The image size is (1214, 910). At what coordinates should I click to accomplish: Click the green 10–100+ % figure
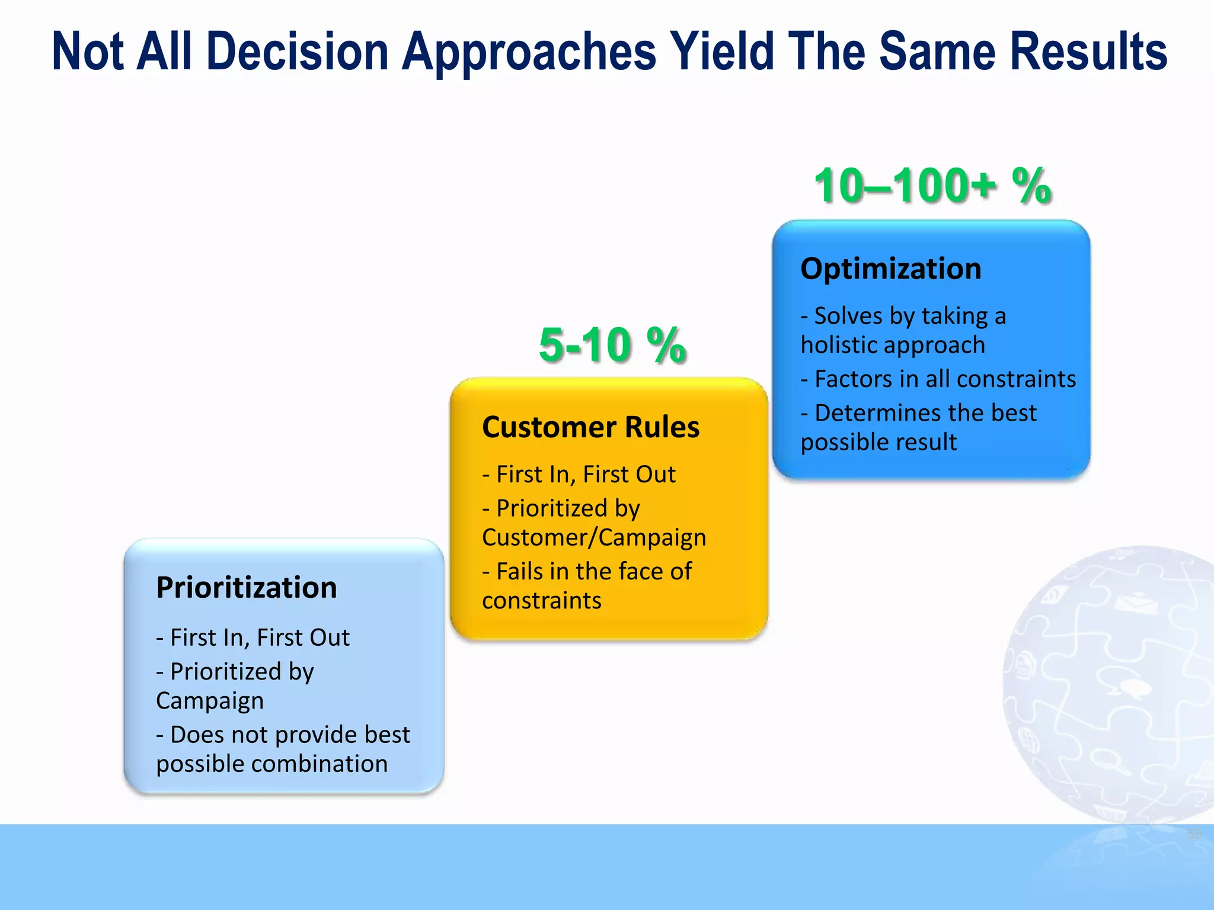click(932, 186)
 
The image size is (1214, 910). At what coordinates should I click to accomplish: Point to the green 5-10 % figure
click(612, 345)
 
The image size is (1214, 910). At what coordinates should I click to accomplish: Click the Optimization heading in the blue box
click(890, 269)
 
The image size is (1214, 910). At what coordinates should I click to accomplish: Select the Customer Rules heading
click(590, 427)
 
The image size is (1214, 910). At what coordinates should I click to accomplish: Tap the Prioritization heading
click(247, 588)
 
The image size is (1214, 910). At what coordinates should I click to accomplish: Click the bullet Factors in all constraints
click(938, 379)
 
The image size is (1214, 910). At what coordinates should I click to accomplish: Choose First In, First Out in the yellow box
click(579, 475)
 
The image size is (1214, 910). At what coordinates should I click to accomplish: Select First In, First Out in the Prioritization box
click(253, 638)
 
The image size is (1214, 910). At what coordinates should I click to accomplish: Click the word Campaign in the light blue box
click(210, 701)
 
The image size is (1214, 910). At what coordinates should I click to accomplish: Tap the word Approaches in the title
click(529, 52)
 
